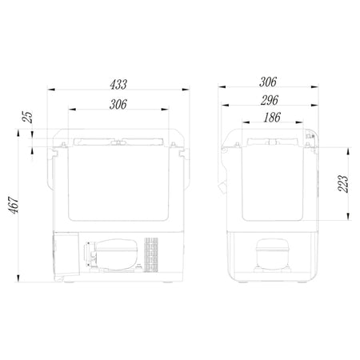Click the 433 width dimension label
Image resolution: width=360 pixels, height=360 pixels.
point(118,84)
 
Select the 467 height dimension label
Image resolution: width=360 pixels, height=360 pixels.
point(14,206)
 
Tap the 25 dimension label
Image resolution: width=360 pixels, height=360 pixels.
point(28,117)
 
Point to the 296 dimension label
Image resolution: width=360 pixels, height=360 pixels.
point(270,100)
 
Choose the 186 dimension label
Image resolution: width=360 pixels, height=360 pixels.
point(272,118)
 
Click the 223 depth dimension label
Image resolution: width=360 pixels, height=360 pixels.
point(343,184)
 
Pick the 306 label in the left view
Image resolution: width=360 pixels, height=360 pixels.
point(118,104)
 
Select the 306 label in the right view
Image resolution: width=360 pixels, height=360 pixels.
point(268,82)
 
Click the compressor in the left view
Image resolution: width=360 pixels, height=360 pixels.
point(111,254)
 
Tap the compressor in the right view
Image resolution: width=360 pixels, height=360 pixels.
point(273,254)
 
